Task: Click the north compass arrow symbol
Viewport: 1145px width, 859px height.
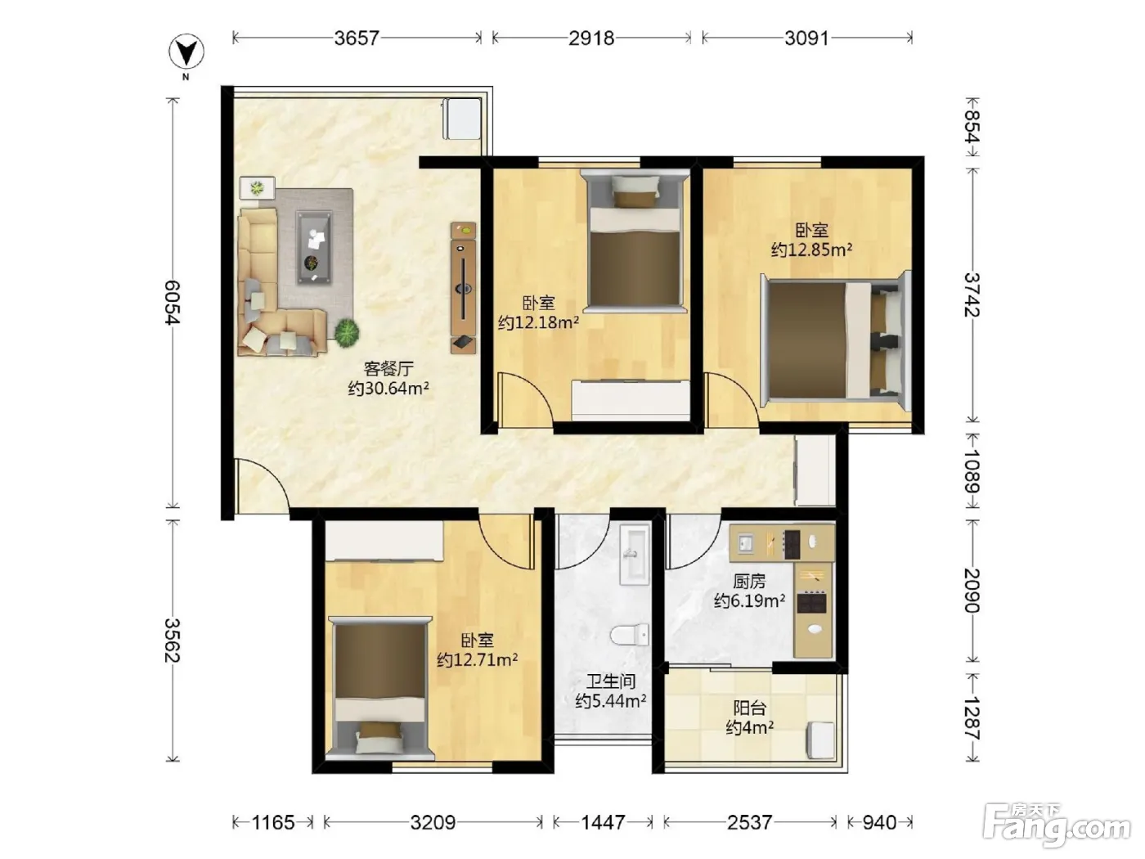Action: tap(186, 52)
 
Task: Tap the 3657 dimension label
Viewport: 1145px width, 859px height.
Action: tap(357, 38)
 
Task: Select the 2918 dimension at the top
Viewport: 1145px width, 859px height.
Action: tap(591, 38)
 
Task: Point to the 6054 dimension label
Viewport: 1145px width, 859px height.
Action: tap(172, 303)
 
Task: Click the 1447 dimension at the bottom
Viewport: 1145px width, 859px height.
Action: tap(603, 822)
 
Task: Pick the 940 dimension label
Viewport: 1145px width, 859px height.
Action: tap(879, 822)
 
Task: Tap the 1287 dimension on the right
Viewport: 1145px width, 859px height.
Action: tap(972, 718)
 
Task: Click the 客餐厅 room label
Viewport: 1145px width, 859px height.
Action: tap(388, 369)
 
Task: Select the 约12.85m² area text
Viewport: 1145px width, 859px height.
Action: tap(811, 250)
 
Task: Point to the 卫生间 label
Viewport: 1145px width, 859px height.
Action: tap(611, 681)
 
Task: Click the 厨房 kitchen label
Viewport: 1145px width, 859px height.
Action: tap(749, 581)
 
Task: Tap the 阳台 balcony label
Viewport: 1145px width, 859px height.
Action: tap(750, 708)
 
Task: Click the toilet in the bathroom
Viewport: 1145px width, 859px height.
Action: tap(630, 635)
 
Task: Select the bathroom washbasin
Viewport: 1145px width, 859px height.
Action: tap(635, 554)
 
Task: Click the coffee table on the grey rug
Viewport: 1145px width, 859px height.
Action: tap(314, 248)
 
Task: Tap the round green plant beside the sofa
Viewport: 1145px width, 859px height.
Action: tap(347, 332)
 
